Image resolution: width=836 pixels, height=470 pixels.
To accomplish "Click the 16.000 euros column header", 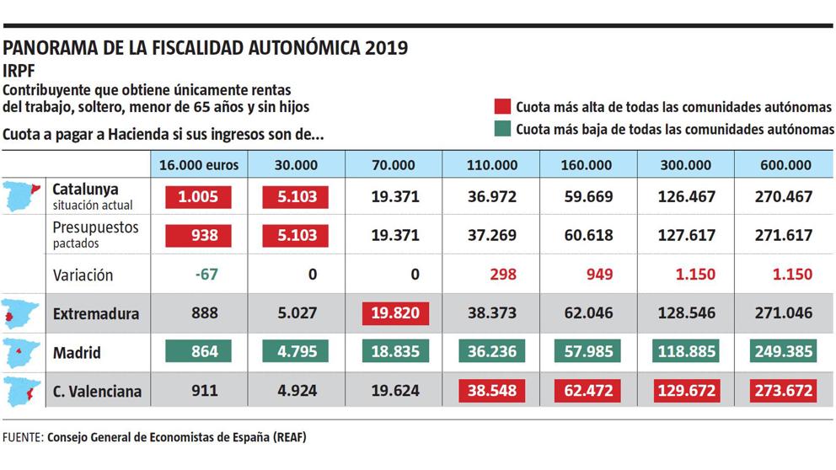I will click(198, 165).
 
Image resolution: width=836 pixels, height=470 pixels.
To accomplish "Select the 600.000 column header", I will click(785, 165).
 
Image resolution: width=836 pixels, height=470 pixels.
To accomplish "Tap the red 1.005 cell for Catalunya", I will click(198, 197).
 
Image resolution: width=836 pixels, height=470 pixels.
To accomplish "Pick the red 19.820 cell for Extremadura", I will click(395, 313).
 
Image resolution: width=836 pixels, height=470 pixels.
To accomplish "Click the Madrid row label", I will click(78, 352).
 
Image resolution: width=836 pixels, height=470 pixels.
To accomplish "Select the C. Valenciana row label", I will click(97, 391).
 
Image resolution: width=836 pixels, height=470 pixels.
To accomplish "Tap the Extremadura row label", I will click(95, 313).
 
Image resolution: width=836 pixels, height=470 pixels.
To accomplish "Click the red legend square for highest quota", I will click(503, 107).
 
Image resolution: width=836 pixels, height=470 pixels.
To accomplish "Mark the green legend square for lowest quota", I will click(503, 129).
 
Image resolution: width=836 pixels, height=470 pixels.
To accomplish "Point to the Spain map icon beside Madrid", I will click(21, 352).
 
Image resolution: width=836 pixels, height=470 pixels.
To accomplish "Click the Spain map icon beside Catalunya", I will click(21, 195).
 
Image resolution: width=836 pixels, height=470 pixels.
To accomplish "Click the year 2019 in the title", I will click(387, 48).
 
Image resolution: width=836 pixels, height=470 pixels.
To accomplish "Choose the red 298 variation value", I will click(493, 275).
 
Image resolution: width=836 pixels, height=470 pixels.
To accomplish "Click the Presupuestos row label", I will click(95, 227).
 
